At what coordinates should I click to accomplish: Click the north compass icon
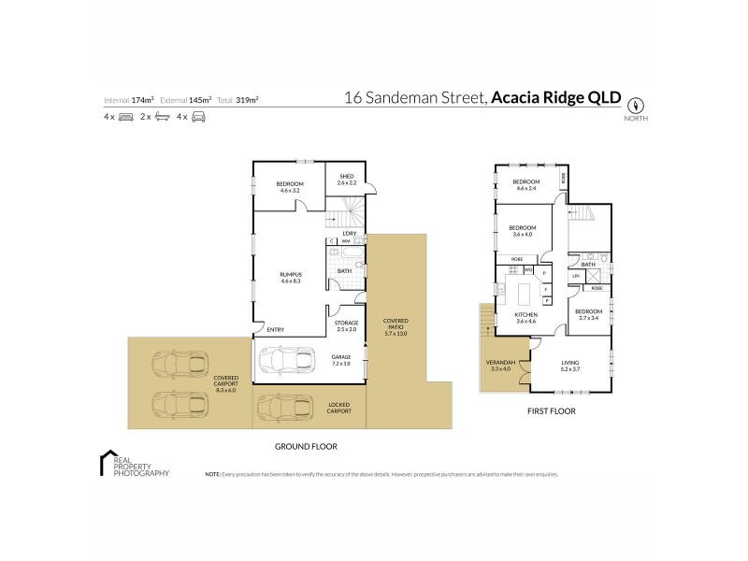click(638, 106)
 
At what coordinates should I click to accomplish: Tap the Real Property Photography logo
click(135, 465)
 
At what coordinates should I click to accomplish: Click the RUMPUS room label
click(290, 277)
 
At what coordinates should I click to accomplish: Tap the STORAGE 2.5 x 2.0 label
click(346, 326)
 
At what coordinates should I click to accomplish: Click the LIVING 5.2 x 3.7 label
click(570, 367)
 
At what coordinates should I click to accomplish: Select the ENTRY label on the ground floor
click(275, 329)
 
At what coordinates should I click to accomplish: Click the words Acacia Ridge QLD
click(555, 97)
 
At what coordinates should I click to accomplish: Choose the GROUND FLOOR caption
click(307, 446)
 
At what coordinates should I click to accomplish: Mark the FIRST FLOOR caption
click(552, 410)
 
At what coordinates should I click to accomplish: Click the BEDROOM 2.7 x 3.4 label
click(588, 314)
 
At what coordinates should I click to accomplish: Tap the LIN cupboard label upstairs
click(577, 276)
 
